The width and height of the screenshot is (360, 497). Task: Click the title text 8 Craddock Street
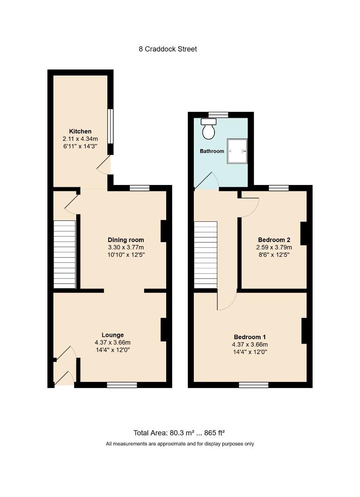(168, 49)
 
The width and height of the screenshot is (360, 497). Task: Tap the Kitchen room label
(80, 131)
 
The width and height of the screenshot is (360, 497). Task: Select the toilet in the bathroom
(209, 129)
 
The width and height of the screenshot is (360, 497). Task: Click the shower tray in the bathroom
(237, 151)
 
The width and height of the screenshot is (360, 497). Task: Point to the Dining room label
(126, 240)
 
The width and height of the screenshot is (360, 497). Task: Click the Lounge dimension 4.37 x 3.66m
(113, 343)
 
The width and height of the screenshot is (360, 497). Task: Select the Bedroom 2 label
(274, 240)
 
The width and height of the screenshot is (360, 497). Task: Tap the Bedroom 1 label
(250, 337)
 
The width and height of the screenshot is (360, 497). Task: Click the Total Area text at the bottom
(179, 433)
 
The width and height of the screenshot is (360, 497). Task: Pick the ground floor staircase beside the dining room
(64, 254)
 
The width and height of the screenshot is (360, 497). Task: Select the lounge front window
(122, 385)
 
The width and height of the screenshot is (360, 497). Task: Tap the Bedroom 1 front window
(254, 385)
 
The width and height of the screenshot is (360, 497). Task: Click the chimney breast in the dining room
(164, 231)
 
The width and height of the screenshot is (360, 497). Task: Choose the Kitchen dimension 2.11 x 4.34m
(80, 139)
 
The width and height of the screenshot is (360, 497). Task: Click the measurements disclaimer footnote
(180, 444)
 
